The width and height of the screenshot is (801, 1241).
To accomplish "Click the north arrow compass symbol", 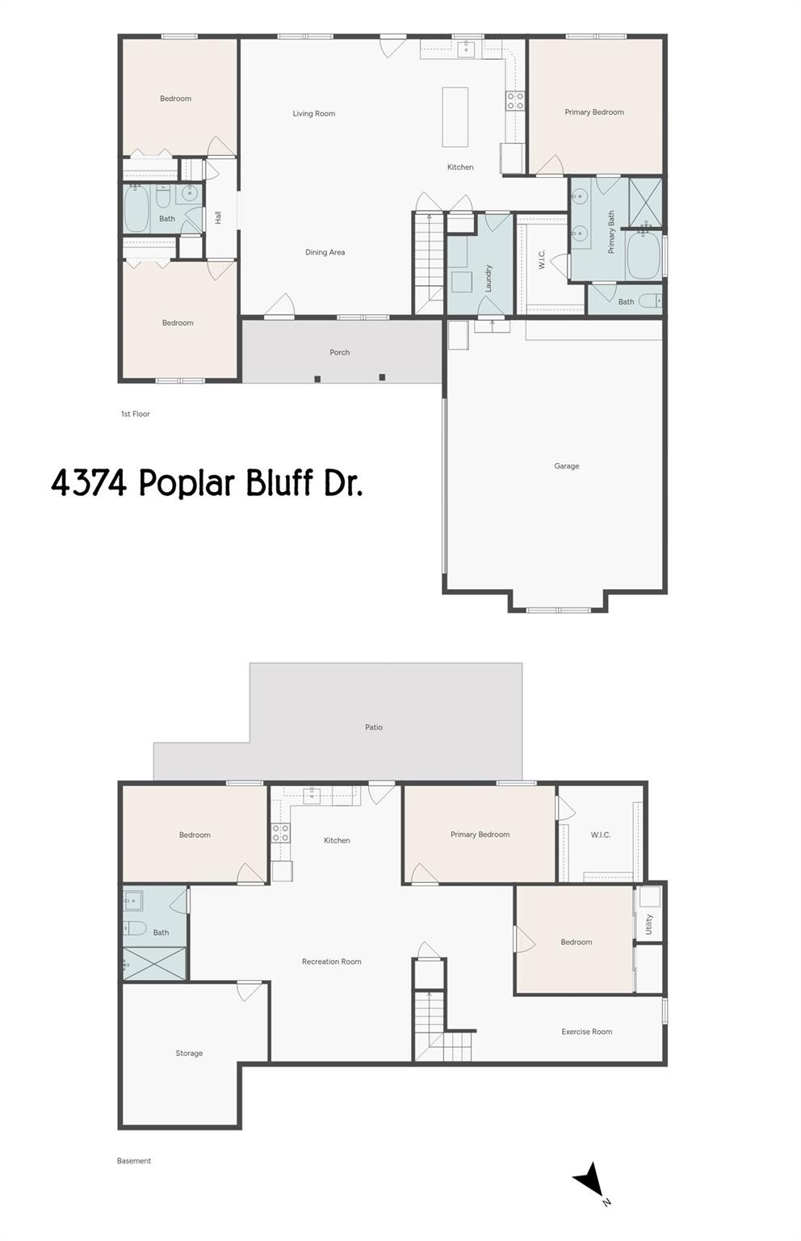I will pyautogui.click(x=590, y=1180).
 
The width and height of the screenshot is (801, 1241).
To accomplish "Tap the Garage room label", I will pyautogui.click(x=566, y=466).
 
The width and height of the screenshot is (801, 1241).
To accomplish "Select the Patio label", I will pyautogui.click(x=373, y=727).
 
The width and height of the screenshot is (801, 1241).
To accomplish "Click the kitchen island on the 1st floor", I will pyautogui.click(x=455, y=117).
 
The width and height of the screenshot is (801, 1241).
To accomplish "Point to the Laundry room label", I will pyautogui.click(x=489, y=278).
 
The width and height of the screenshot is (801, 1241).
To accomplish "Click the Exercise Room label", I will pyautogui.click(x=586, y=1032).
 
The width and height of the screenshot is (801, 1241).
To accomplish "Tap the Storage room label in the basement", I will pyautogui.click(x=189, y=1054).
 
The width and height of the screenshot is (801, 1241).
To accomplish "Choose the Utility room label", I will pyautogui.click(x=648, y=925).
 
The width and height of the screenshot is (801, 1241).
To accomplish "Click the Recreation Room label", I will pyautogui.click(x=331, y=961).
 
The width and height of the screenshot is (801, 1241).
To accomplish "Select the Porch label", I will pyautogui.click(x=339, y=352).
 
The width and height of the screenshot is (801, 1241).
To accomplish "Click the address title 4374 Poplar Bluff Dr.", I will pyautogui.click(x=207, y=483).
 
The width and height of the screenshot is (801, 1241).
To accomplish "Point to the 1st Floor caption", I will pyautogui.click(x=135, y=414).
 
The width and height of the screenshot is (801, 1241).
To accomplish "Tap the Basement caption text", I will pyautogui.click(x=133, y=1161).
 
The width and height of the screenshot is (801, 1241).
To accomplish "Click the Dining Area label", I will pyautogui.click(x=325, y=252).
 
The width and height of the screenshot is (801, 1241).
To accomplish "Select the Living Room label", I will pyautogui.click(x=313, y=114).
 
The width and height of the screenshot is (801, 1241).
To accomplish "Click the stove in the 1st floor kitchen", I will pyautogui.click(x=514, y=101).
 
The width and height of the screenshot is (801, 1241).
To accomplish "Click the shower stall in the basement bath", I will pyautogui.click(x=154, y=964).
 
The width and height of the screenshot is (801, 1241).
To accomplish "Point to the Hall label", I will pyautogui.click(x=218, y=217).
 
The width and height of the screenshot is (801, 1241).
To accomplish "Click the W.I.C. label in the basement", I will pyautogui.click(x=600, y=835).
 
